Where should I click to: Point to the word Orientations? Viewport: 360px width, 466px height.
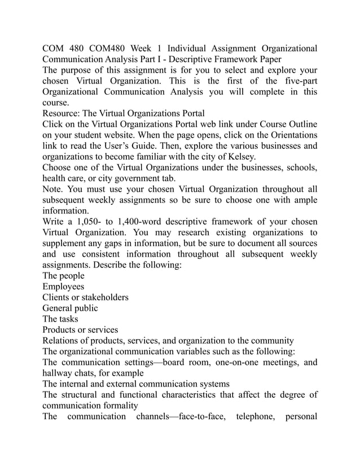(288, 134)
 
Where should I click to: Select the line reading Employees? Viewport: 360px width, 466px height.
(63, 287)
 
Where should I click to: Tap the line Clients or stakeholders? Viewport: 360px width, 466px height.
(85, 297)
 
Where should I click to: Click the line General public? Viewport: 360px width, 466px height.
(70, 308)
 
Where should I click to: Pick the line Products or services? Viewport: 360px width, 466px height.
(80, 329)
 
